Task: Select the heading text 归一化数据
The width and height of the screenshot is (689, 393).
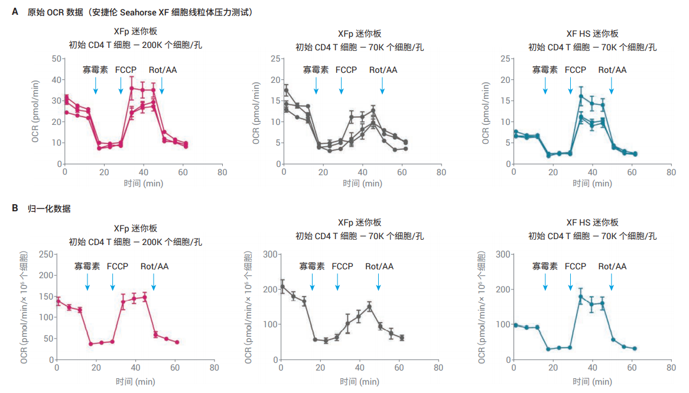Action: [49, 208]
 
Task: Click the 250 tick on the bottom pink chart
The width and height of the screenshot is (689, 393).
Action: [44, 255]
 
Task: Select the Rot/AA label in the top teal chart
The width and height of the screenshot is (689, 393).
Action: [612, 70]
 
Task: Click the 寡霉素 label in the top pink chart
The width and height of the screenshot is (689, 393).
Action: [95, 70]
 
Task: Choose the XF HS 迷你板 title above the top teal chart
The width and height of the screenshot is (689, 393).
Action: [592, 34]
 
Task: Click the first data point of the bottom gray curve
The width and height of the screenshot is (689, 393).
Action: [282, 287]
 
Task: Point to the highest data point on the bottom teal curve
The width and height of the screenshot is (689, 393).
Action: [581, 297]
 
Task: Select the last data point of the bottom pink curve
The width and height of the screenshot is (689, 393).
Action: [177, 342]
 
